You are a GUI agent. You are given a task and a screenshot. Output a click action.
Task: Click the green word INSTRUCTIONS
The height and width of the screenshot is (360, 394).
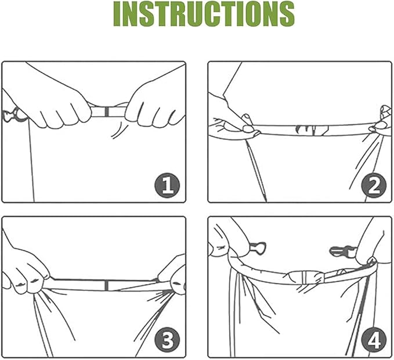(x=204, y=14)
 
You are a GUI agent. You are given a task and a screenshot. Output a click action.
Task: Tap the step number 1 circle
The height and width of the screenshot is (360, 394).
(x=167, y=185)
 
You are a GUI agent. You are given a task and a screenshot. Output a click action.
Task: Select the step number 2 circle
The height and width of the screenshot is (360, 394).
(x=374, y=185)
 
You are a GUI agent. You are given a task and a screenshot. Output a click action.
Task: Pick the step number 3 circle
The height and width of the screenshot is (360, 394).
(x=167, y=340)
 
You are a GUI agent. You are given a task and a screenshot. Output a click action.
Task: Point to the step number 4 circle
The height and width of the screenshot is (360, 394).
(x=374, y=340)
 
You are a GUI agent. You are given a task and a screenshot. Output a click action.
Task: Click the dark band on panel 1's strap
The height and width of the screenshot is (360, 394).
(x=107, y=111)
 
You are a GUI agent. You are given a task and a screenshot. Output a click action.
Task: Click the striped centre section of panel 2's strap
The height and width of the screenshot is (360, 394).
(x=312, y=130)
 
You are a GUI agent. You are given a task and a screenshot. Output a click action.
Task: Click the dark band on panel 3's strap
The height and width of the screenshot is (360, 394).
(x=107, y=285)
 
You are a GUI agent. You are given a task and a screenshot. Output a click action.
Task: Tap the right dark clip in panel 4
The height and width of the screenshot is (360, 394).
(x=342, y=251)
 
